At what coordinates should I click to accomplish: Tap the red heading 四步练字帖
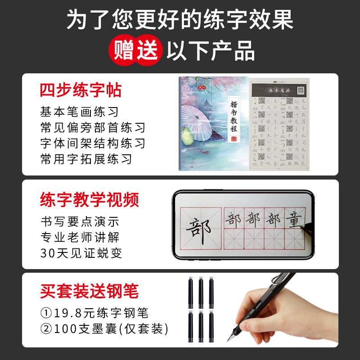(81, 90)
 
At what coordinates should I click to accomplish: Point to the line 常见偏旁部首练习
(93, 127)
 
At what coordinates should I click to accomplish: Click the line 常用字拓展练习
(86, 159)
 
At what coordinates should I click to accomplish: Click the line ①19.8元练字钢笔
(94, 312)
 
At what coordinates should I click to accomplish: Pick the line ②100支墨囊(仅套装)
(104, 328)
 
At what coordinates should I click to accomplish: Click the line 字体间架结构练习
(93, 143)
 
